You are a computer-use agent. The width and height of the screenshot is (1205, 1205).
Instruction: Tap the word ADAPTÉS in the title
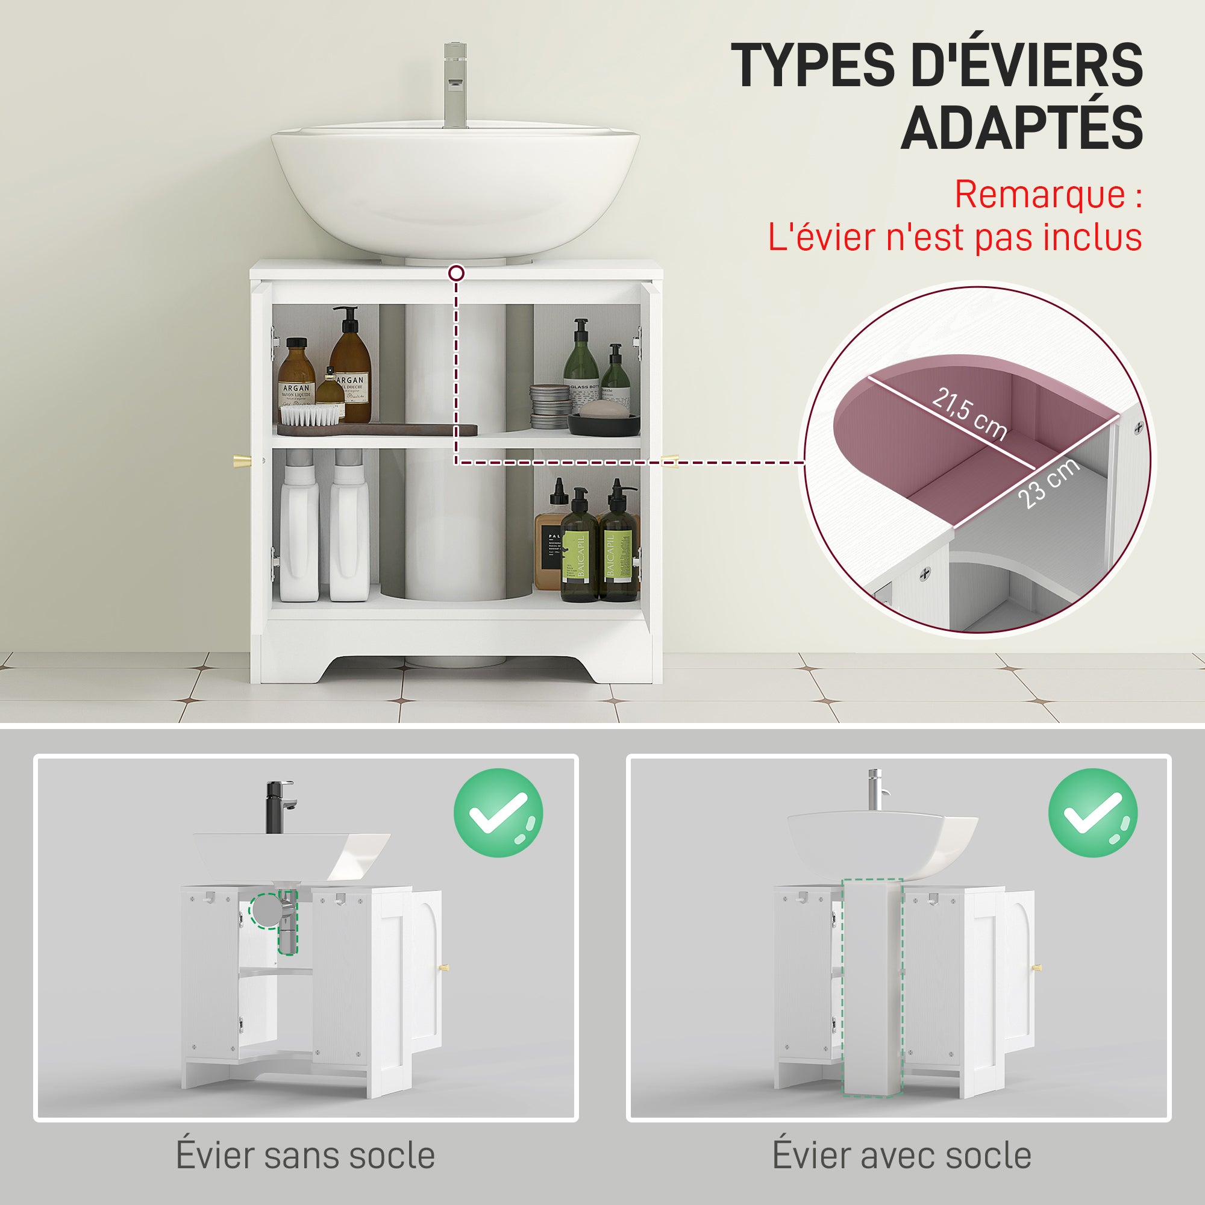coord(1021,128)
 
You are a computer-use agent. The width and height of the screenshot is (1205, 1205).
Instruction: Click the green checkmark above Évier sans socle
coord(498,813)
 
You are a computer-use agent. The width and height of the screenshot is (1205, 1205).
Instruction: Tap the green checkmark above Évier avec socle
coord(1093,813)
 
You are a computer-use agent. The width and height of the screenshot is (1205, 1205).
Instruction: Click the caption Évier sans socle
coord(305,1155)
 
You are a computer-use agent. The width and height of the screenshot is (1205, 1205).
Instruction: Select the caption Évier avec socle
coord(901,1154)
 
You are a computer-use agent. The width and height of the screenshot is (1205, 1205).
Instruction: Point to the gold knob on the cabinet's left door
coord(242,462)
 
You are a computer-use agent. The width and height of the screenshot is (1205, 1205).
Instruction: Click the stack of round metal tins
coord(549,406)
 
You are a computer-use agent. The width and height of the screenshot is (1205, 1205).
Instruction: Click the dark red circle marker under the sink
coord(457,273)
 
